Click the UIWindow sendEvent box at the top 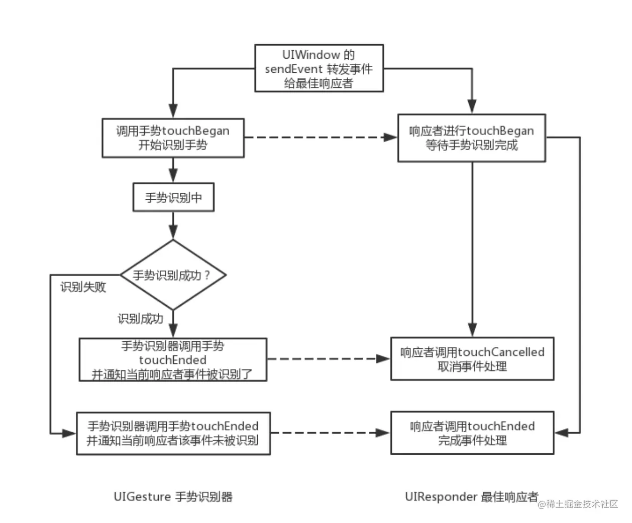tap(319, 68)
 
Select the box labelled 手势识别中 tap(173, 197)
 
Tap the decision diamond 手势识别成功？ tap(173, 275)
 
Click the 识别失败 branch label tap(83, 287)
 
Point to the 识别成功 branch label tap(140, 319)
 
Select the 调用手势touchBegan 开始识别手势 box tap(173, 138)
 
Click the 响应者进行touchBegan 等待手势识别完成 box tap(471, 138)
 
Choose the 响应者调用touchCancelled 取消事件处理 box tap(472, 359)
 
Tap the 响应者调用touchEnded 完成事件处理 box tap(472, 433)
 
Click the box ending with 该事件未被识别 tap(173, 433)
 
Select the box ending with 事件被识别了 tap(173, 360)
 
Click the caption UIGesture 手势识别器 tap(173, 497)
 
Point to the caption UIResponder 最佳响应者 tap(471, 497)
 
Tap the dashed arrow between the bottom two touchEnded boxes tap(330, 433)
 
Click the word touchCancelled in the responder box tap(501, 352)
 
